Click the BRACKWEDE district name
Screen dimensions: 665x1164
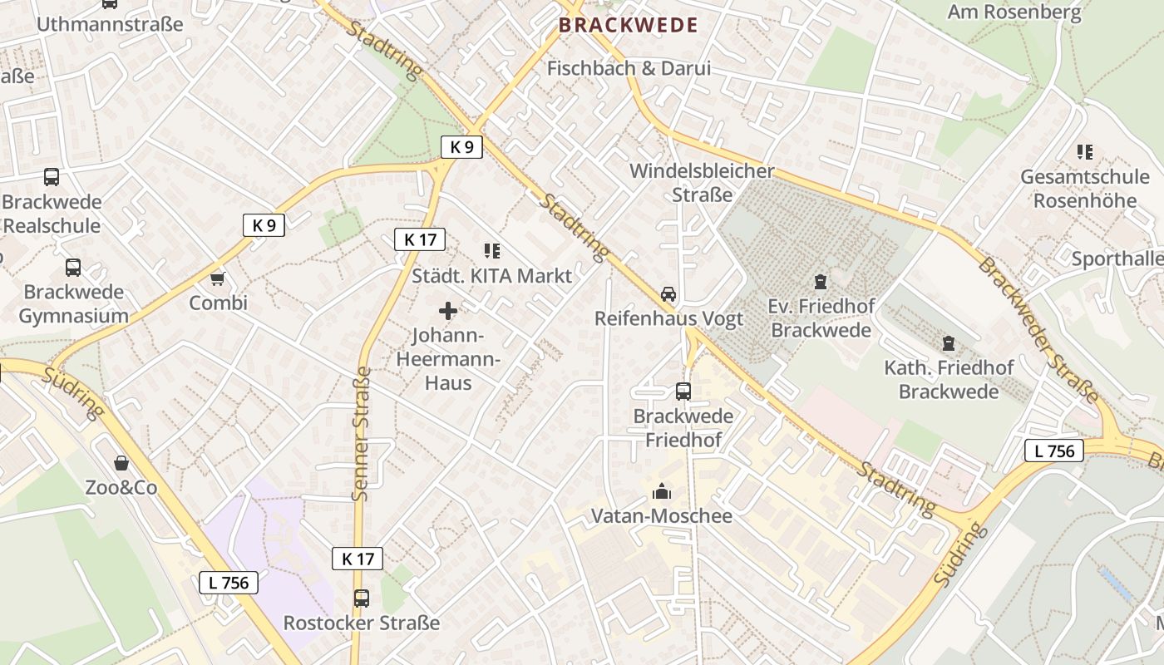[x=628, y=25]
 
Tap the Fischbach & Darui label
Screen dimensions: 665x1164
[x=629, y=68]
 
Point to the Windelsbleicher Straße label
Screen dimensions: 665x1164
[x=702, y=183]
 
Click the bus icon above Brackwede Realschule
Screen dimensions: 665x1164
[x=52, y=176]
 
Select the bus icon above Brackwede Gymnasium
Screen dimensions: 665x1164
[x=73, y=268]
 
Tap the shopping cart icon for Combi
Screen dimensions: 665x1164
[x=218, y=278]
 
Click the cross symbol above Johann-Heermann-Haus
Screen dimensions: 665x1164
[x=447, y=312]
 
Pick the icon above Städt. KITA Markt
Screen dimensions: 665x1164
[x=491, y=250]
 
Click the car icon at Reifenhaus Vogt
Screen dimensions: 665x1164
[x=668, y=294]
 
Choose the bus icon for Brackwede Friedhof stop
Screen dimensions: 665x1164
[x=683, y=391]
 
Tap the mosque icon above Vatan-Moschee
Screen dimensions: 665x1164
[x=662, y=491]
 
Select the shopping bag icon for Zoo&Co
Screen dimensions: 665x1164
[x=121, y=463]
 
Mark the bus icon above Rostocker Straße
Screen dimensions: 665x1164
[x=361, y=598]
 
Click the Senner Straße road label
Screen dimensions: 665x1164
[x=361, y=434]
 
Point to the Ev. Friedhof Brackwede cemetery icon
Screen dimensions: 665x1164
[x=821, y=281]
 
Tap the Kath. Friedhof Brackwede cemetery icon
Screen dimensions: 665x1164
[x=948, y=342]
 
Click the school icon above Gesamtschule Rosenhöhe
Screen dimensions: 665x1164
[x=1084, y=152]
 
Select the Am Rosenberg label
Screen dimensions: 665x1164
[x=1014, y=12]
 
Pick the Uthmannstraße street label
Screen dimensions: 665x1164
[x=109, y=24]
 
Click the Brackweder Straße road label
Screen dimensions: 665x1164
[x=1039, y=331]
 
